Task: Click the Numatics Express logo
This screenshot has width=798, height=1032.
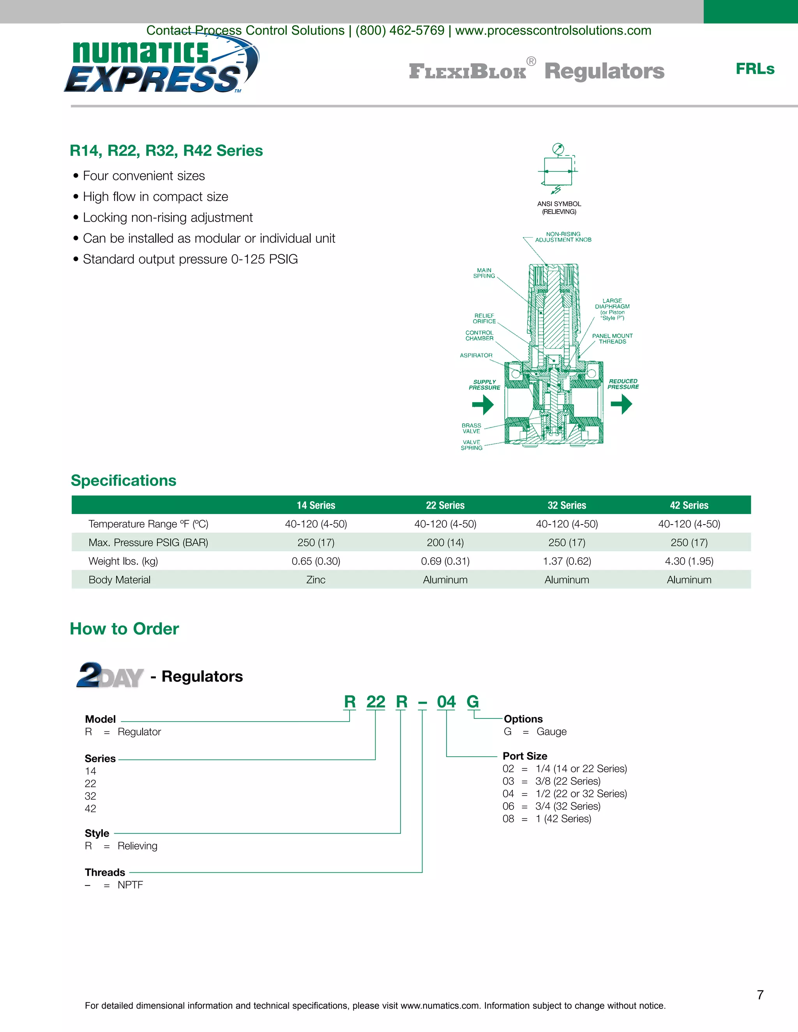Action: pos(161,66)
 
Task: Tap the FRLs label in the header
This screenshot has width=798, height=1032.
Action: pos(754,69)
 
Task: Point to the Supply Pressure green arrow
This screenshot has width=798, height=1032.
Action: pos(483,405)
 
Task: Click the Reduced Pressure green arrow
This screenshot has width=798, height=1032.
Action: pos(621,404)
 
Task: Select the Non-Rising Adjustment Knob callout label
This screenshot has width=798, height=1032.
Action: pos(563,237)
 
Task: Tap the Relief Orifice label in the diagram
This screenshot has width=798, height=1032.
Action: pos(484,319)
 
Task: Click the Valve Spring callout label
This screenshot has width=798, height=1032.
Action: pos(471,445)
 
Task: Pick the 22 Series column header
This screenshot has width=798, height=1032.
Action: pos(445,505)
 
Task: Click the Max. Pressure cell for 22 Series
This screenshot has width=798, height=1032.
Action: pos(445,542)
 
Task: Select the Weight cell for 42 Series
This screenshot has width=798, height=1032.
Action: pos(689,561)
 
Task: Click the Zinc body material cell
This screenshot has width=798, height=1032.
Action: pos(316,580)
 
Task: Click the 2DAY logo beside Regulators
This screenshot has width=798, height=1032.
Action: pos(109,675)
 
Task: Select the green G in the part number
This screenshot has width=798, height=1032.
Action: pos(473,702)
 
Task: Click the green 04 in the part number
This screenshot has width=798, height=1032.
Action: pos(446,702)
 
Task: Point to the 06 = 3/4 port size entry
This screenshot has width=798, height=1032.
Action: pos(551,806)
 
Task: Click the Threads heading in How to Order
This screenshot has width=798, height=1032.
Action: pos(105,872)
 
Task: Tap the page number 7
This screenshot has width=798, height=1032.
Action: pos(760,995)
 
